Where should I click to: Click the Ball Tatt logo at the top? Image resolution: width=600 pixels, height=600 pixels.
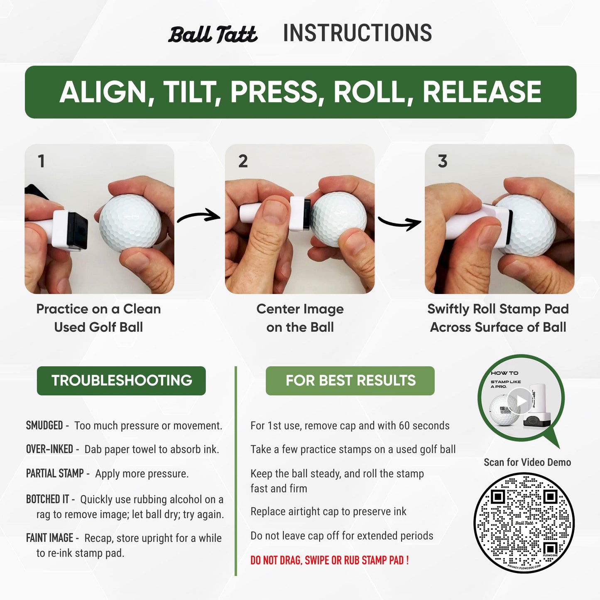pos(213,34)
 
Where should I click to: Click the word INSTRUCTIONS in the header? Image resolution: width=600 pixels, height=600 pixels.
pos(357,33)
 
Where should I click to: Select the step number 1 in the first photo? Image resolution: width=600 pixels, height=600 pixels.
pos(41,161)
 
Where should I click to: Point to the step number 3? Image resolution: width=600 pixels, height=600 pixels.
pos(443,161)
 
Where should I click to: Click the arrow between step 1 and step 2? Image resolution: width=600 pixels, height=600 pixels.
pos(199,216)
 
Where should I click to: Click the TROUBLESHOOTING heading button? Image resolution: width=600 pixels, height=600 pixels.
pos(121,380)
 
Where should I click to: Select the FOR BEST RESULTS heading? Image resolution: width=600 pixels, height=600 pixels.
pos(350,380)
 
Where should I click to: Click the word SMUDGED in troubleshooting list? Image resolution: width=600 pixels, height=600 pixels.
pos(44,426)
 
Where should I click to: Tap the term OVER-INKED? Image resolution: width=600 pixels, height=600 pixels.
pos(49,449)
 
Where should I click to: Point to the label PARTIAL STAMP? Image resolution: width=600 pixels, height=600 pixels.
pos(55,473)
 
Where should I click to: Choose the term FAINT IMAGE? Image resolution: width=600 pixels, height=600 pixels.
pos(49,538)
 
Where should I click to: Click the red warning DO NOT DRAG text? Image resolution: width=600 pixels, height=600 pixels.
pos(329,561)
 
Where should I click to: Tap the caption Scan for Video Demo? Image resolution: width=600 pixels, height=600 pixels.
pos(527,462)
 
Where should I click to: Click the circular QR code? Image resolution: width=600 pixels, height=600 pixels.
pos(524,524)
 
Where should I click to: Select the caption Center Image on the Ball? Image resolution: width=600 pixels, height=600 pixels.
pos(300,318)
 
